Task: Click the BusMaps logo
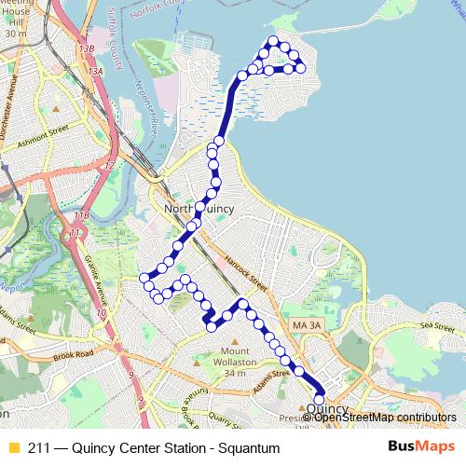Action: click(420, 446)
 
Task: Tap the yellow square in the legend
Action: click(13, 446)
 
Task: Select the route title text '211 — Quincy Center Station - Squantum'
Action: click(154, 446)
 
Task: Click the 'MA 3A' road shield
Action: click(304, 324)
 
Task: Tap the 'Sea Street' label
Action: click(437, 325)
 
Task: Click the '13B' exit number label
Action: click(87, 48)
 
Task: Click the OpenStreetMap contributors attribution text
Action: click(384, 417)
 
